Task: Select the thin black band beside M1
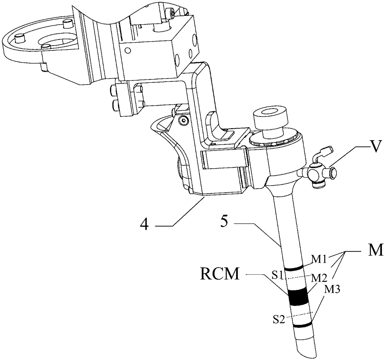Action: [293, 268]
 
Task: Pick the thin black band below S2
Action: [302, 326]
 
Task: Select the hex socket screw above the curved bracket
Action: [184, 119]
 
